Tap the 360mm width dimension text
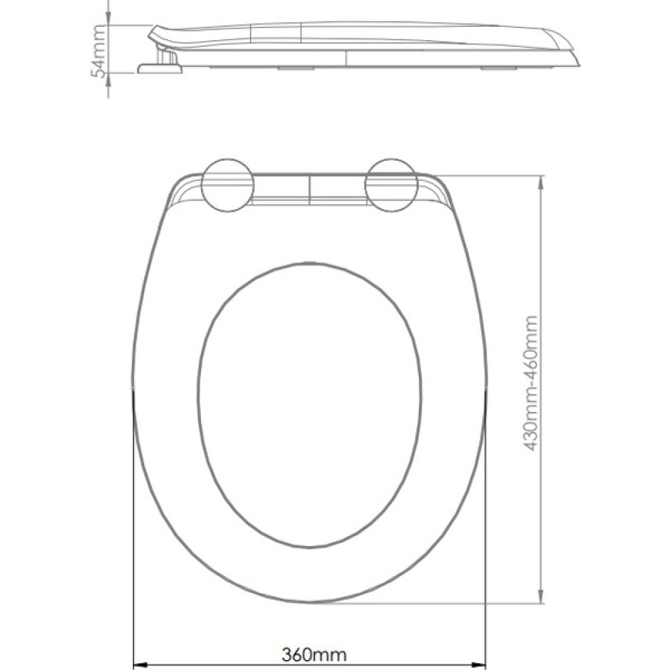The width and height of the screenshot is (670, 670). pyautogui.click(x=314, y=654)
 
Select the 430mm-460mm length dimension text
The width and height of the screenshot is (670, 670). pyautogui.click(x=530, y=383)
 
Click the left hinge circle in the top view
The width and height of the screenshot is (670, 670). pyautogui.click(x=228, y=186)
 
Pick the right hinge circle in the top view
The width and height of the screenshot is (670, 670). pyautogui.click(x=391, y=186)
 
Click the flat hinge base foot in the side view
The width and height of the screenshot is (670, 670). pyautogui.click(x=160, y=68)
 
